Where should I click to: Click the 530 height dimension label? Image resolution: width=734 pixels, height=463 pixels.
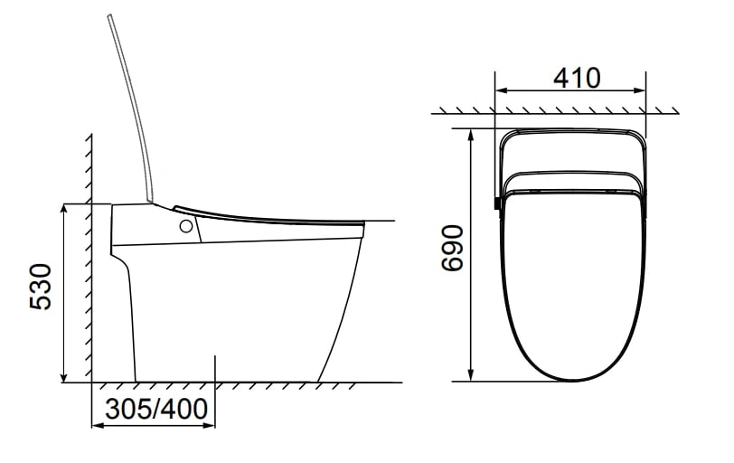(41, 287)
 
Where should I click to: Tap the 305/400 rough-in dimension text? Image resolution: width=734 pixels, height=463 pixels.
(156, 409)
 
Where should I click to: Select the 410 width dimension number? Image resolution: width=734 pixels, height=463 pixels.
(577, 78)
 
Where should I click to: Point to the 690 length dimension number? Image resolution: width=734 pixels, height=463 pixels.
(453, 248)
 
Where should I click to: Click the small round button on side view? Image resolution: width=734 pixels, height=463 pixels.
(186, 227)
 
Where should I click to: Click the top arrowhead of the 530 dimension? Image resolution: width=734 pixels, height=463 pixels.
(64, 209)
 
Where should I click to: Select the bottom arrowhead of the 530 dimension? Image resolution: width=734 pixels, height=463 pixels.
(64, 377)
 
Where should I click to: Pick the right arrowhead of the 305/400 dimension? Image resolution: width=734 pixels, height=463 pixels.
(209, 426)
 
